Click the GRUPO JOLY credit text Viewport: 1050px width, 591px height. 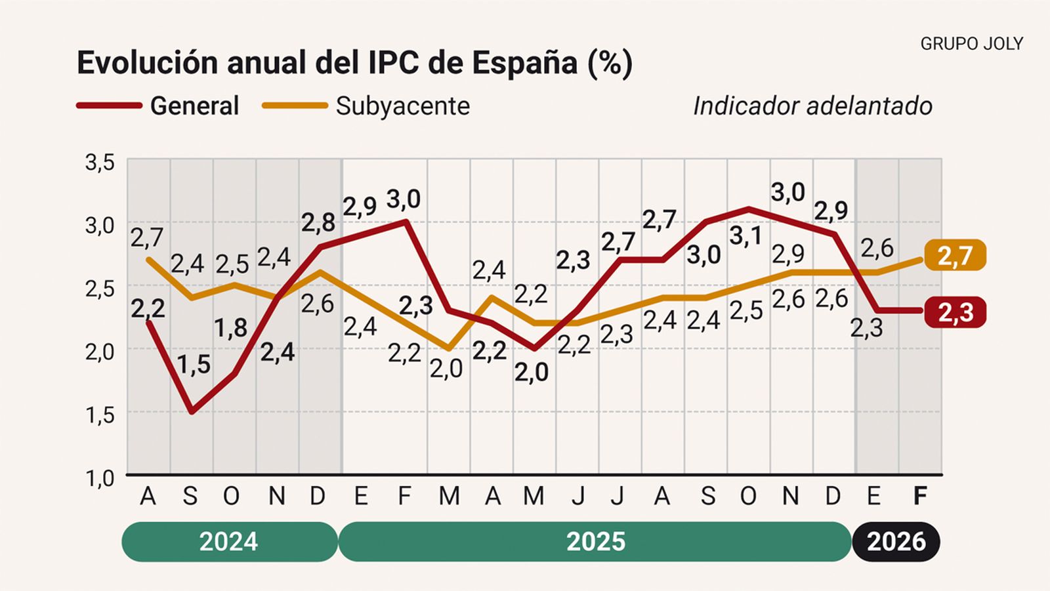coord(971,44)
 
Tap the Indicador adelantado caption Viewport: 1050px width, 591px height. coord(812,106)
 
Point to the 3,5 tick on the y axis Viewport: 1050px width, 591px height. coord(100,162)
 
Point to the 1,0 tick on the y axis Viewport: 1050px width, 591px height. coord(100,478)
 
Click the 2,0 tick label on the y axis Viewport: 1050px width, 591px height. coord(100,352)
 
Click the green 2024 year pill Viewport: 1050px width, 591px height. coord(229,542)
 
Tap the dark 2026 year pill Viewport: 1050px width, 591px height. coord(896,542)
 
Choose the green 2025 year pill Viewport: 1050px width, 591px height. coord(595,542)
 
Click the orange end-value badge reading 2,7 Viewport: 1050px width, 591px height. coord(955,255)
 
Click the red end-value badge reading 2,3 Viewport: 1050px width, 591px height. coord(955,313)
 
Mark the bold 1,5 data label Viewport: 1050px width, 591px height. coord(194,365)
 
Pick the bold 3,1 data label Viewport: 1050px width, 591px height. coord(745,235)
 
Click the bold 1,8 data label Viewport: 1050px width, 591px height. coord(230,328)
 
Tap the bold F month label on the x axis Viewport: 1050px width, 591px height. coord(920,497)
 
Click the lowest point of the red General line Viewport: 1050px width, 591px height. coord(192,412)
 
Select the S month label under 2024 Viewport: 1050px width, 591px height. coord(190,497)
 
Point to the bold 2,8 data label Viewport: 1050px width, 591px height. coord(318,223)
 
